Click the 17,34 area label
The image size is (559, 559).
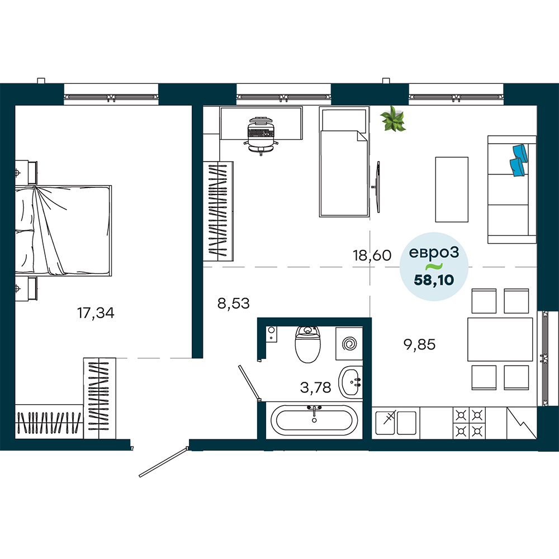96,313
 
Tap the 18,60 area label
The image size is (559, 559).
372,255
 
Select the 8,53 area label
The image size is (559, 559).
234,304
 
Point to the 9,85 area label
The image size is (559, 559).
419,344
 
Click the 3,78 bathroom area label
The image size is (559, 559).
315,387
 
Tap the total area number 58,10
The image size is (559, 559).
434,280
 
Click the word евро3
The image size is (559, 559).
434,253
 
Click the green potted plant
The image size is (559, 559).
393,119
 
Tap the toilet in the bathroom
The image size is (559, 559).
307,344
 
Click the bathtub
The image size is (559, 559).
314,420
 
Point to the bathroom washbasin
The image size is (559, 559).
350,382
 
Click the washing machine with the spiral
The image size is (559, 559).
349,344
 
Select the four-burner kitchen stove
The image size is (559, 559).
469,423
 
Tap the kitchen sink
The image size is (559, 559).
396,423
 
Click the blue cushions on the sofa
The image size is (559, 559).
519,160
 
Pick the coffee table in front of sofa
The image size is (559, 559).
452,190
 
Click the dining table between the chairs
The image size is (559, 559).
500,339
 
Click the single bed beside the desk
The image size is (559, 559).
344,162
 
